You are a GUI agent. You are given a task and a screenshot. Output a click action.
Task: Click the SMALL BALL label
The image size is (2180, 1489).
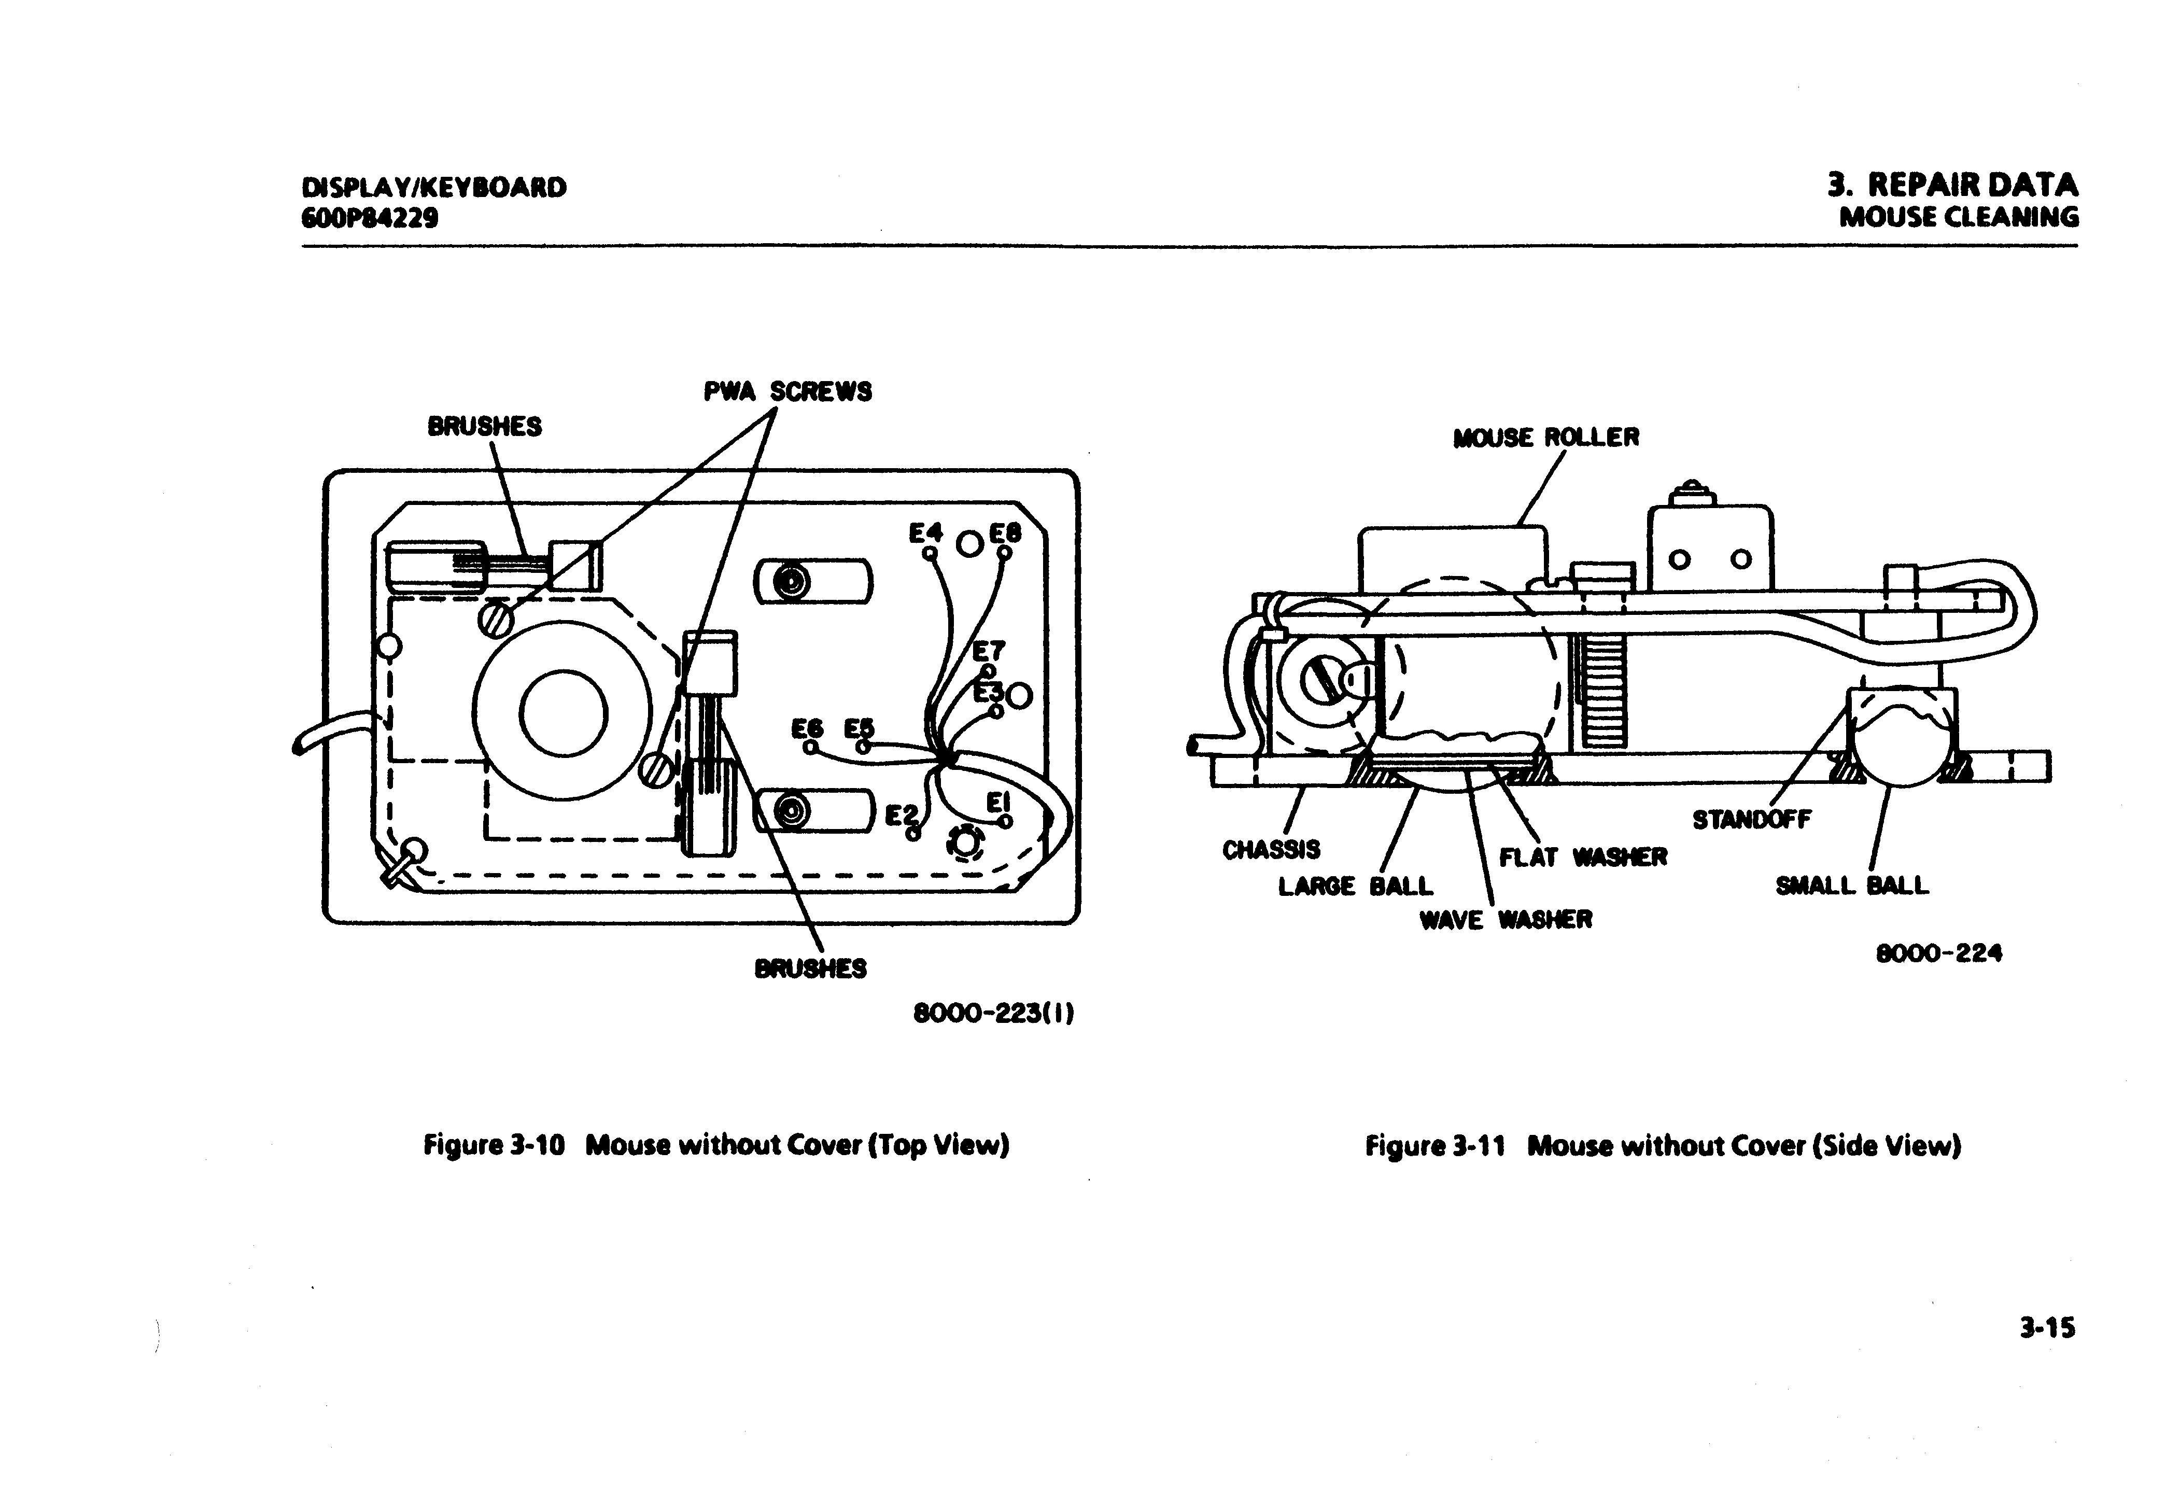click(x=1852, y=886)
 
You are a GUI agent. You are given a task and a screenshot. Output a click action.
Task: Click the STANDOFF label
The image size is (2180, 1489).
click(x=1751, y=819)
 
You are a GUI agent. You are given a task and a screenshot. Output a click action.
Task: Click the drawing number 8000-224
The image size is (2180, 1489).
click(x=1938, y=953)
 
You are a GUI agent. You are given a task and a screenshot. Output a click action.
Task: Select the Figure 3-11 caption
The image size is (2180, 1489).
click(x=1662, y=1146)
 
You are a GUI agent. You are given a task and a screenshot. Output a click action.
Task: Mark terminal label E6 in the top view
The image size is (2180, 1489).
click(x=807, y=729)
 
